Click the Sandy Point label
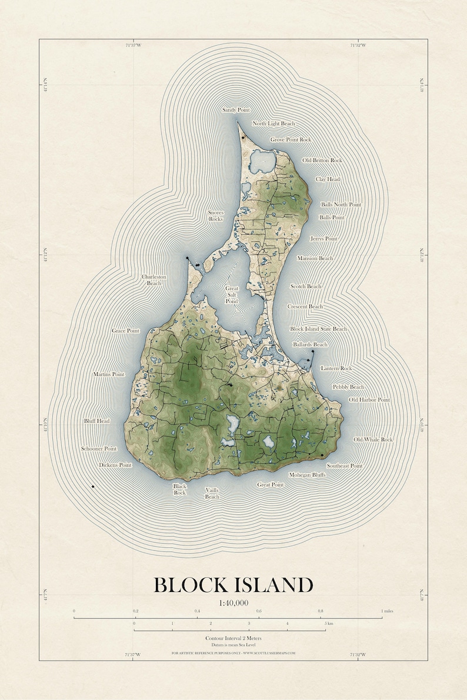(x=236, y=110)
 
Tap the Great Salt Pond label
(x=232, y=295)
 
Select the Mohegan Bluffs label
(x=307, y=474)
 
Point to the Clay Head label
(x=328, y=179)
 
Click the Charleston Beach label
(x=154, y=280)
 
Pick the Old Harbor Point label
(x=369, y=400)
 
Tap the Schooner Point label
(x=99, y=449)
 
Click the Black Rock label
(x=179, y=490)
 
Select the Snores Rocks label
(x=216, y=216)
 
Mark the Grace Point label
(x=126, y=331)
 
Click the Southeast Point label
(x=345, y=466)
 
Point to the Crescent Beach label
(x=305, y=307)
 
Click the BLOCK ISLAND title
(x=233, y=585)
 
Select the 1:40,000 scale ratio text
(x=233, y=603)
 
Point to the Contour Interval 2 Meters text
(x=233, y=638)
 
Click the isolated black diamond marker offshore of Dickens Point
(x=93, y=486)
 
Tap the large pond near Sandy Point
(x=262, y=160)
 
